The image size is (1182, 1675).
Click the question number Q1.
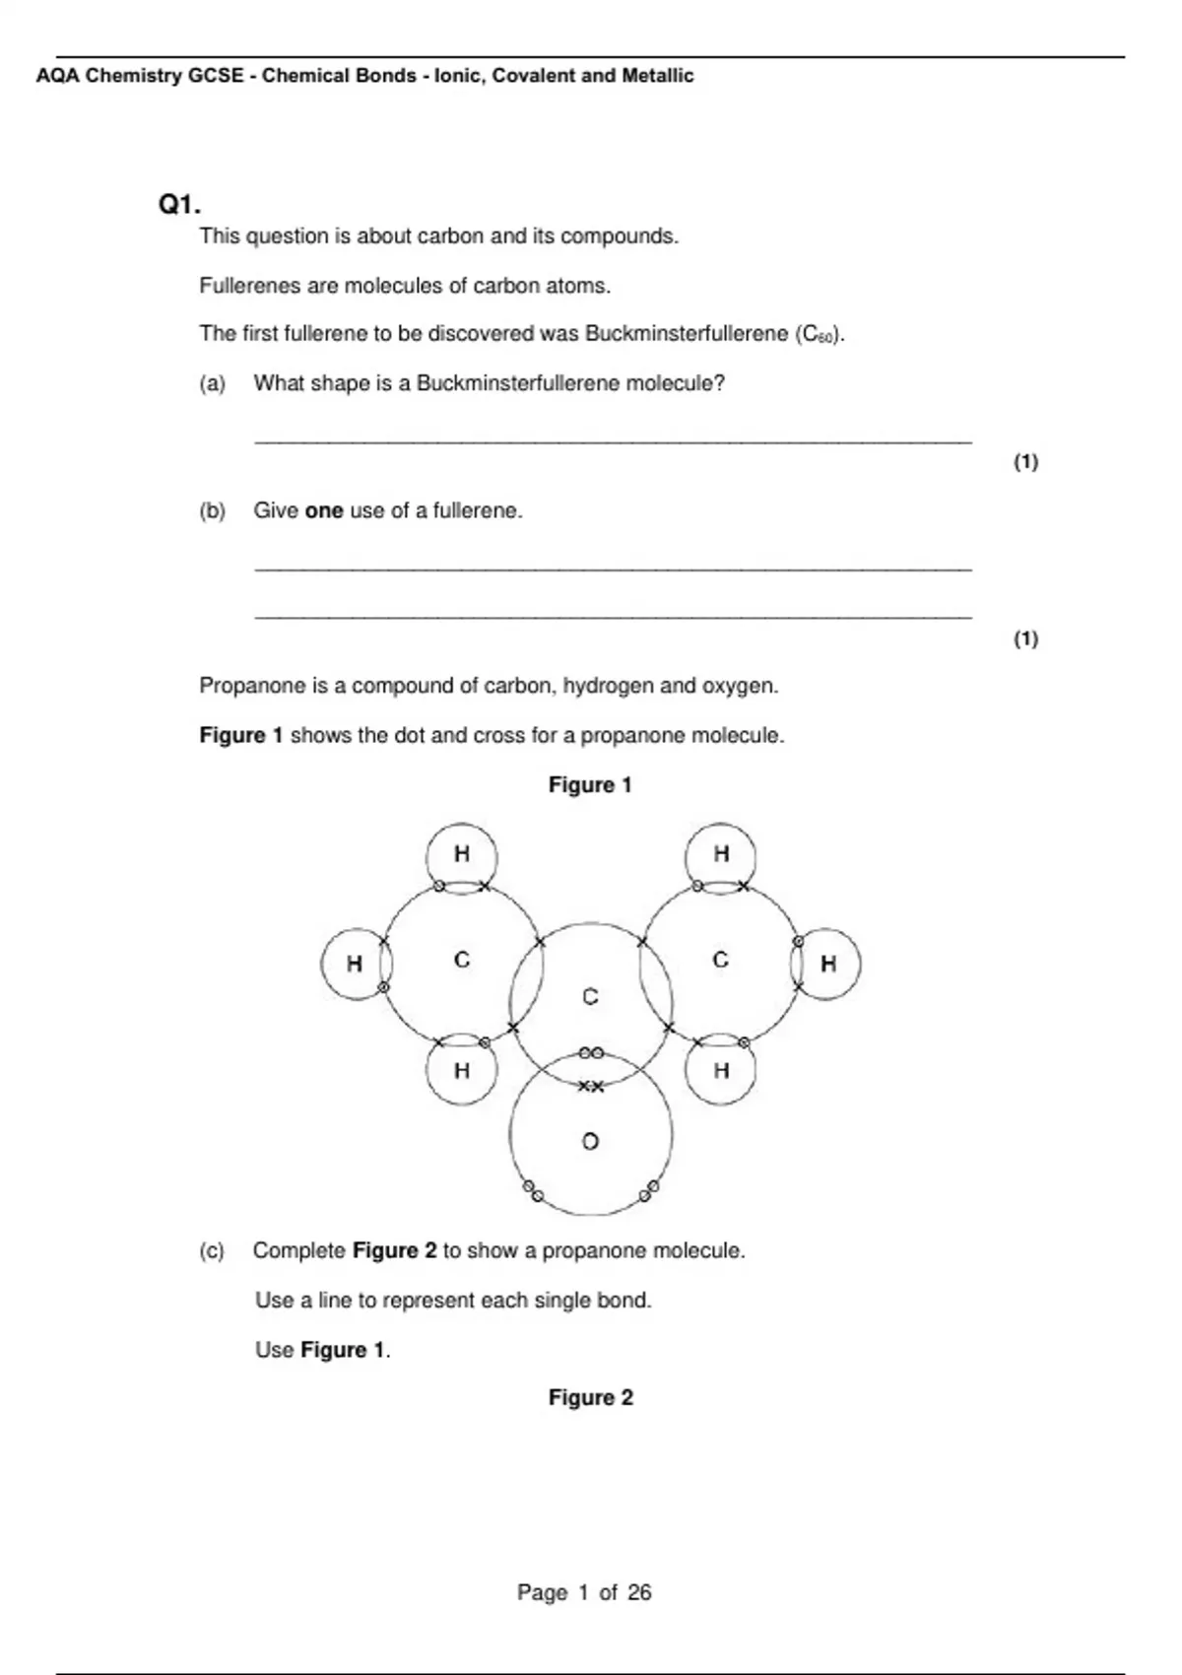(x=179, y=205)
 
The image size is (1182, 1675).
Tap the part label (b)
(x=212, y=510)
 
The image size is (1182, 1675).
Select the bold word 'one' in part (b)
(x=324, y=510)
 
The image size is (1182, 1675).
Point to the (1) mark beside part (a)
(x=1025, y=461)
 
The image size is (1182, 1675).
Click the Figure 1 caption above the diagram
(x=590, y=785)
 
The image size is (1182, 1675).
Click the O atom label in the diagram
(x=590, y=1142)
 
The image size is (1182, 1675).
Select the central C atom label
(x=590, y=997)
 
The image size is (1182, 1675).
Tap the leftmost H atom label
(x=355, y=965)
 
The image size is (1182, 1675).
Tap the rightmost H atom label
(x=828, y=964)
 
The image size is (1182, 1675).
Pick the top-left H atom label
(x=461, y=854)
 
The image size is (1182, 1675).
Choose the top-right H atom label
(x=721, y=853)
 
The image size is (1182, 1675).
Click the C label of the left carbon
(x=461, y=960)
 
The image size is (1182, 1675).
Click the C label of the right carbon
(x=721, y=960)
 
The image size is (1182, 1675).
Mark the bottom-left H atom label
(x=461, y=1070)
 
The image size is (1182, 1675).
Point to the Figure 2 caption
(x=590, y=1398)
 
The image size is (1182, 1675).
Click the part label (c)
(x=212, y=1250)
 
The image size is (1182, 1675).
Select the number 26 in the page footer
(x=639, y=1592)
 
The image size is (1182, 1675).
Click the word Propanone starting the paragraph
(x=243, y=686)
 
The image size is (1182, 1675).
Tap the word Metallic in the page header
(x=657, y=76)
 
